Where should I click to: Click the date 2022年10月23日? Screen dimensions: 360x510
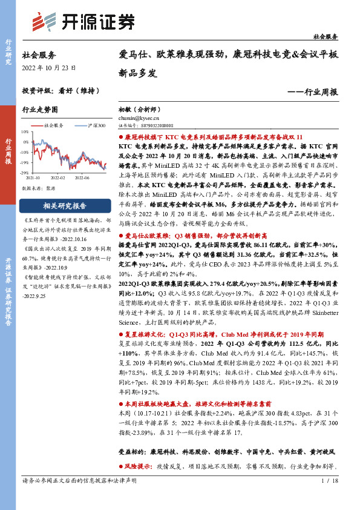[49, 68]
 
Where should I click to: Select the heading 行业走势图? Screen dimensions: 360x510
[40, 110]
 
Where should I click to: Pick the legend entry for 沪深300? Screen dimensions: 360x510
[93, 125]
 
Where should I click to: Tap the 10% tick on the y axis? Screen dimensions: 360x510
[25, 131]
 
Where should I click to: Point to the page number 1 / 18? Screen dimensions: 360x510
[330, 498]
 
